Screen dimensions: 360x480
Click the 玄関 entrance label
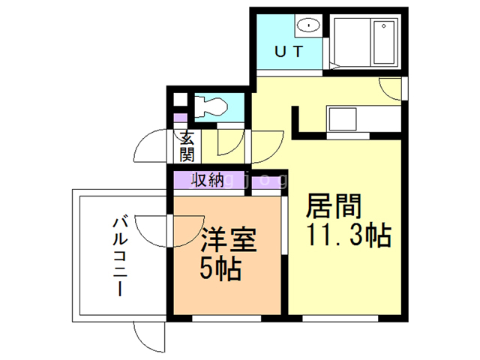click(x=187, y=146)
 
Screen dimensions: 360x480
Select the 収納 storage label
click(x=207, y=180)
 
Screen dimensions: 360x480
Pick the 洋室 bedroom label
click(x=229, y=241)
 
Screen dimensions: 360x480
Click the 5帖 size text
click(x=220, y=268)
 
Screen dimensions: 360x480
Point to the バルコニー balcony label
click(x=118, y=255)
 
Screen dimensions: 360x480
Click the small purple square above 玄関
click(x=179, y=118)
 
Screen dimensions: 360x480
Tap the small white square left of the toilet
click(x=179, y=100)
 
